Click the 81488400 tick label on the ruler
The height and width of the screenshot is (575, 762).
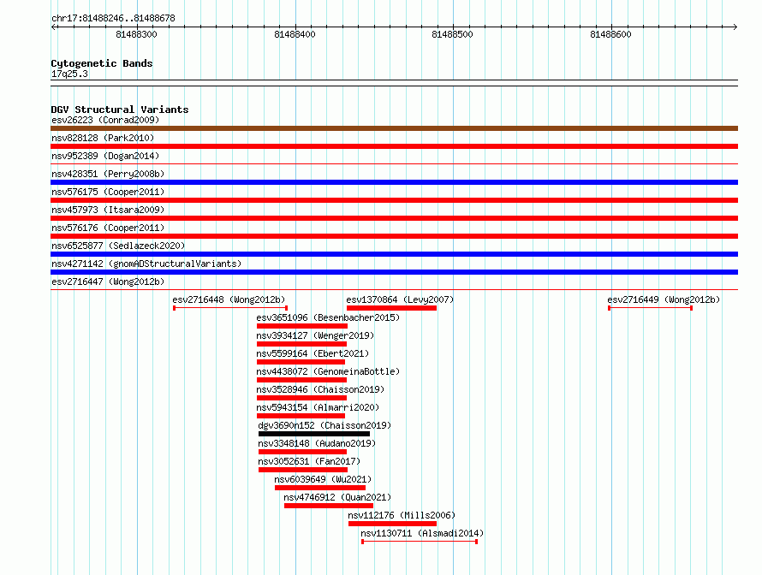point(295,34)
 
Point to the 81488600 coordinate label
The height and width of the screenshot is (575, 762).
point(610,34)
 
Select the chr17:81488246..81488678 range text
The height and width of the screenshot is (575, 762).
point(113,18)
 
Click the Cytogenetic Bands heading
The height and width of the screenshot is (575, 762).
point(102,63)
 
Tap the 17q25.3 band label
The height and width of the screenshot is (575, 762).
point(69,74)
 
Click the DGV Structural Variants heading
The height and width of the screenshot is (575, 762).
point(120,110)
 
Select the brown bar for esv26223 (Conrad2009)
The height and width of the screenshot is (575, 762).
point(394,128)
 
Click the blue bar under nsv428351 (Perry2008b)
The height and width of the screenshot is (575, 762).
point(394,182)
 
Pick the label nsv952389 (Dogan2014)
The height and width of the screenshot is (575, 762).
point(105,156)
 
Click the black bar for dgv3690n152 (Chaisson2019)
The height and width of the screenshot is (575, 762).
point(314,434)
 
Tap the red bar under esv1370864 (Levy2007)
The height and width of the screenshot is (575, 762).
point(391,308)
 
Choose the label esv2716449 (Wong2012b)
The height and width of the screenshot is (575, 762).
point(664,299)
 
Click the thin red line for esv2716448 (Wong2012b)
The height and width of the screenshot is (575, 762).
point(230,308)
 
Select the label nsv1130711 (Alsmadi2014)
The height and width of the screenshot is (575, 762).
point(422,533)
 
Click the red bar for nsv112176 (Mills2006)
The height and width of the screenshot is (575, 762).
point(393,524)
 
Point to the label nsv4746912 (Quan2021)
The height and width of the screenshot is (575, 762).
point(337,497)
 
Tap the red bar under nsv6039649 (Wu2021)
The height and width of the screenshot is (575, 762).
point(320,488)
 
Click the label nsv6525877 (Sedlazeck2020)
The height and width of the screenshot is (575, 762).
point(118,246)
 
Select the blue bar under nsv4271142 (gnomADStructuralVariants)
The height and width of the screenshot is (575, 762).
point(394,272)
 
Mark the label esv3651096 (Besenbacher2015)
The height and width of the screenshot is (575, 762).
point(328,317)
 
